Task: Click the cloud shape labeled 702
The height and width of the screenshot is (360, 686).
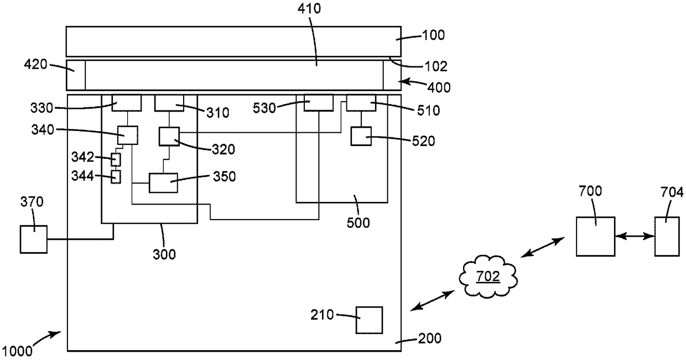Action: tap(488, 276)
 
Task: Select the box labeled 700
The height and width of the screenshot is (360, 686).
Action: tap(595, 236)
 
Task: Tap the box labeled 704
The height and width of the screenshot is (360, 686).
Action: tap(667, 236)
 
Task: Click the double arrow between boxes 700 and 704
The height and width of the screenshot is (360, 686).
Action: tap(635, 236)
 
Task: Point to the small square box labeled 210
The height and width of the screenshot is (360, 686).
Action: tap(369, 320)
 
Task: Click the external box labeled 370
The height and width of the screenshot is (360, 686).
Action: tap(34, 239)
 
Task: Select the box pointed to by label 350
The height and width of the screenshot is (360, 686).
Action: tap(163, 182)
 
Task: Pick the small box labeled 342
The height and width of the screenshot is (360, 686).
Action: tap(116, 159)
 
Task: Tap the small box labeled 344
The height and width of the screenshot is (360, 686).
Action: tap(116, 177)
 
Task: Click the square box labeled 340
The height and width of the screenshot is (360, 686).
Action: tap(128, 135)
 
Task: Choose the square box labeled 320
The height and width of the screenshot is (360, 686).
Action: tap(169, 137)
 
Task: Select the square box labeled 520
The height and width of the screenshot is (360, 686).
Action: tap(361, 136)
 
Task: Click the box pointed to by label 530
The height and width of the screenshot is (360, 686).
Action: tap(319, 103)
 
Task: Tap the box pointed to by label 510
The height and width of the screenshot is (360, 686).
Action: tap(361, 103)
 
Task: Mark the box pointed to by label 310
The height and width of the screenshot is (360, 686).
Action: tap(169, 103)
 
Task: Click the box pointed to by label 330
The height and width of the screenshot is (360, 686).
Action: tap(127, 103)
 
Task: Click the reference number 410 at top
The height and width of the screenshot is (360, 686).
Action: tap(309, 9)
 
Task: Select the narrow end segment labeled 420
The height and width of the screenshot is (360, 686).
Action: tap(76, 75)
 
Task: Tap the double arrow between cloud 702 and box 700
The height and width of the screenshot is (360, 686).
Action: tap(542, 247)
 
